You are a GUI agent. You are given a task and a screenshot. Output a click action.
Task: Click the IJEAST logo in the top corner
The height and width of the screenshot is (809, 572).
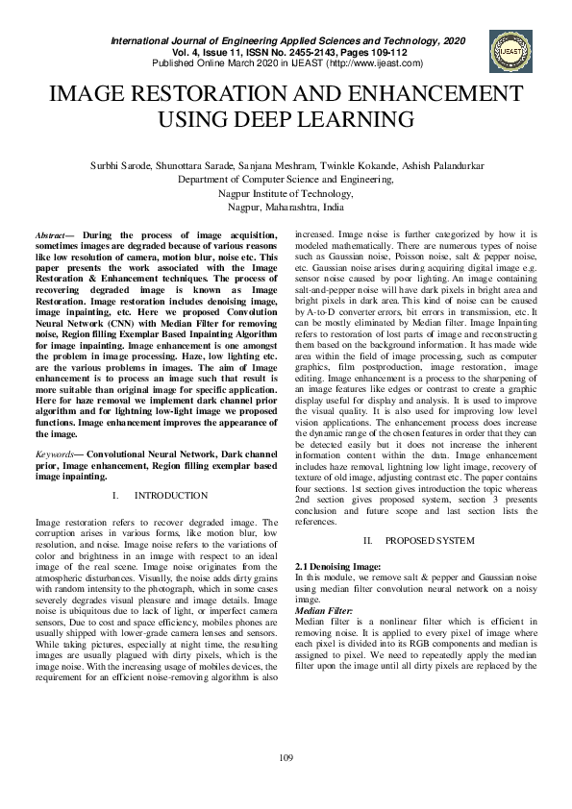tap(509, 51)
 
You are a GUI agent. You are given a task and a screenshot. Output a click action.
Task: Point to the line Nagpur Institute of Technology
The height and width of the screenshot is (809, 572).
tap(286, 193)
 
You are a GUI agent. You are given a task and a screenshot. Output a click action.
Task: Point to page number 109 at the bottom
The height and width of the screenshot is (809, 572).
tap(286, 759)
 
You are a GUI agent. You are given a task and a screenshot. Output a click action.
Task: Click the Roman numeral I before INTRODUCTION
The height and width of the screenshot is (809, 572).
tap(114, 496)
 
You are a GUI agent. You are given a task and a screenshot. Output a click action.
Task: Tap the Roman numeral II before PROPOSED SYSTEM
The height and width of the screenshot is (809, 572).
tap(368, 540)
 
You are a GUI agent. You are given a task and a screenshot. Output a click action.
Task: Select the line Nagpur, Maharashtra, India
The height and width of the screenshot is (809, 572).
tap(286, 207)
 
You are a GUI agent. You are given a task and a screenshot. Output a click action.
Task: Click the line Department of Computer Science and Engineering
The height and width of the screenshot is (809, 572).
tap(286, 179)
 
